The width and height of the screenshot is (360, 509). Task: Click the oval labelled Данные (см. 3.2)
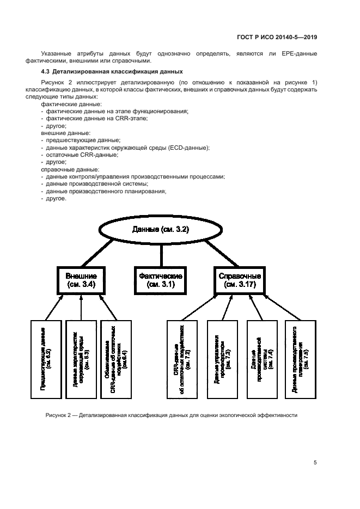tap(161, 230)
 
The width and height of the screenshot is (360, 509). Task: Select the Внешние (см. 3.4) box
tap(81, 280)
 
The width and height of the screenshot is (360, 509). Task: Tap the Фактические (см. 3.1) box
tap(161, 280)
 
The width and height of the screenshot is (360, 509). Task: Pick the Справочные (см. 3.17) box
tap(240, 280)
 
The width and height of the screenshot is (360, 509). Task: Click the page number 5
tap(315, 463)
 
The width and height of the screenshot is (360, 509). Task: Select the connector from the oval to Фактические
tap(161, 255)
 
